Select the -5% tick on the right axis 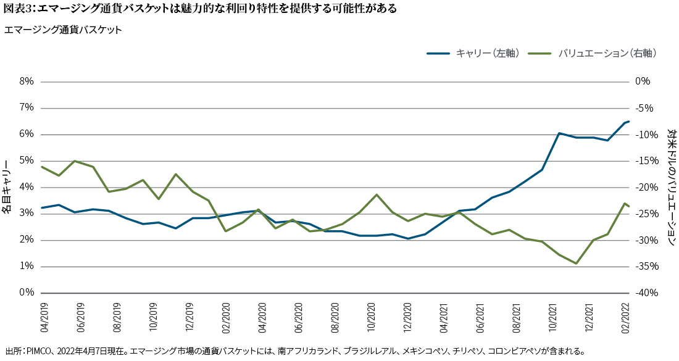(x=644, y=108)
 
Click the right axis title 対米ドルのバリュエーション (x=672, y=187)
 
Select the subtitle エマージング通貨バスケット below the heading (x=63, y=30)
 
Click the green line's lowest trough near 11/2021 (x=576, y=263)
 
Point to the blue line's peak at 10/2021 (x=559, y=133)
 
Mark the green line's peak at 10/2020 (x=377, y=194)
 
